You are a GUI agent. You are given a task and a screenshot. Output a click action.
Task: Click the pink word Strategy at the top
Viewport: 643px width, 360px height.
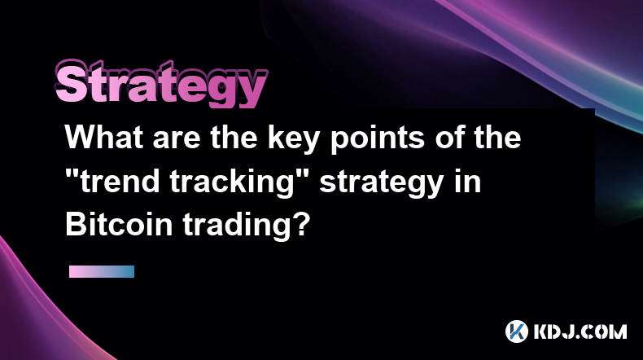(x=161, y=84)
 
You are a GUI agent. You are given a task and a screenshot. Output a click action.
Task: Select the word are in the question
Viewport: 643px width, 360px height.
(x=177, y=140)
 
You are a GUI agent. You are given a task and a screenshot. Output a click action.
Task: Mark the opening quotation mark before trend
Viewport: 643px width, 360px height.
(x=72, y=174)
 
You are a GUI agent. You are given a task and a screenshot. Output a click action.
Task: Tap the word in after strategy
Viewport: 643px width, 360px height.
(x=467, y=181)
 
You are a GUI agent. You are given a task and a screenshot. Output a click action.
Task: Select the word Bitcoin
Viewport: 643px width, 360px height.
(x=119, y=224)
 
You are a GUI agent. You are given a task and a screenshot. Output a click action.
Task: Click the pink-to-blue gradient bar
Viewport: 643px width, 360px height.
(x=102, y=271)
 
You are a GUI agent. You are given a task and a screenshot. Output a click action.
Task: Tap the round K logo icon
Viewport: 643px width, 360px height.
(x=517, y=331)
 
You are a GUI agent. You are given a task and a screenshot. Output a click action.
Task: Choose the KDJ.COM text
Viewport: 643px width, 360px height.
(x=580, y=331)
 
